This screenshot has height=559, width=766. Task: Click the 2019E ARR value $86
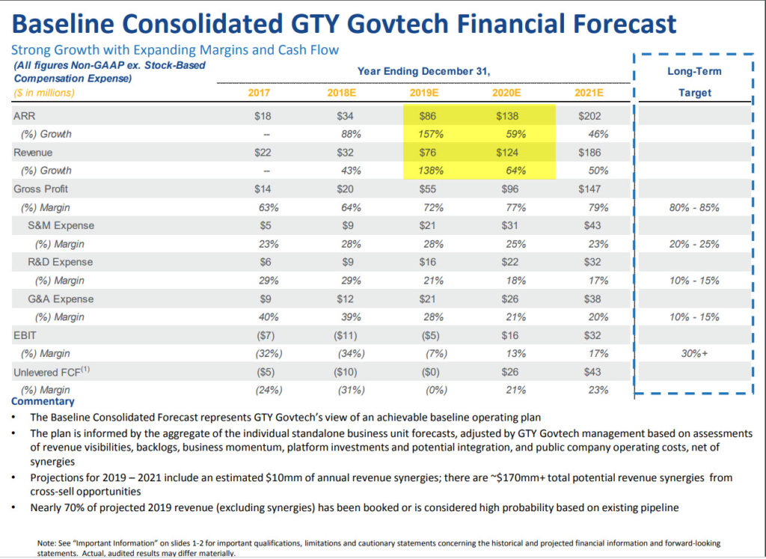(x=427, y=116)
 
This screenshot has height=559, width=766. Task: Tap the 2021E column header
(x=589, y=93)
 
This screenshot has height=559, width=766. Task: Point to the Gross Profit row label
(x=41, y=189)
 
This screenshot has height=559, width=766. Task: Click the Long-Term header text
(x=693, y=71)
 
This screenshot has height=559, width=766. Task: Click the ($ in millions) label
(x=44, y=93)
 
